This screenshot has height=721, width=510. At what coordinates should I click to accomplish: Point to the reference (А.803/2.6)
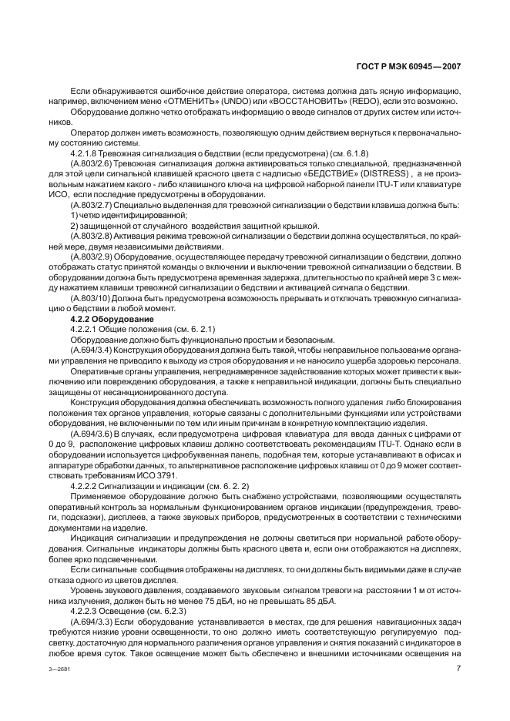92,163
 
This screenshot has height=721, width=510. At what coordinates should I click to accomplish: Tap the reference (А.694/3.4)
92,348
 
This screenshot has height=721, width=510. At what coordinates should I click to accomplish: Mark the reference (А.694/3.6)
92,433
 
